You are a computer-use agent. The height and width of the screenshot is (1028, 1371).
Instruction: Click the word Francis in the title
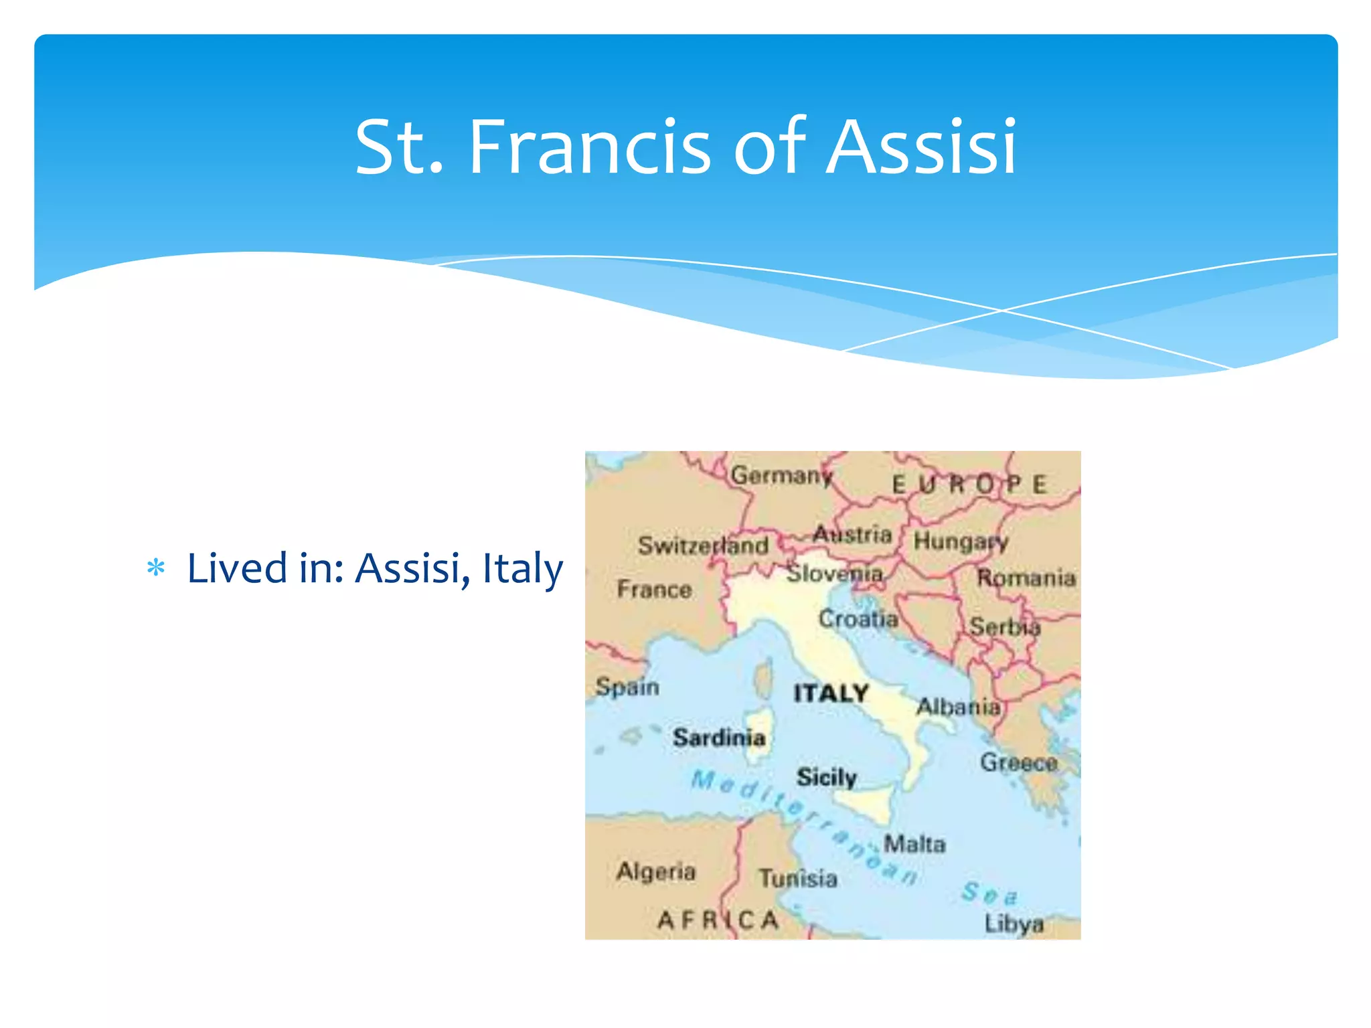pos(590,148)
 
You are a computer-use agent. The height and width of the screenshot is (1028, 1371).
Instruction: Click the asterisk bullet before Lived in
pos(156,568)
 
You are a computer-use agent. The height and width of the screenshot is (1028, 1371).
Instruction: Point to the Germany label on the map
pos(781,476)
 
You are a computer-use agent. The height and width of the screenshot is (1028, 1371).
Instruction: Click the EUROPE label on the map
pos(969,485)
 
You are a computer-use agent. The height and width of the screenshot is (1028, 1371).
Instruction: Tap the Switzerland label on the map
pos(703,545)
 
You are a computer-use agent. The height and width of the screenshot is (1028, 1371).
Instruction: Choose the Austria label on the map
pos(852,534)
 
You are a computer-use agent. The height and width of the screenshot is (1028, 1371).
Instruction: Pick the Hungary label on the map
pos(961,541)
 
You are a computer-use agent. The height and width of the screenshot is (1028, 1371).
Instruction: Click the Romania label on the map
pos(1026,578)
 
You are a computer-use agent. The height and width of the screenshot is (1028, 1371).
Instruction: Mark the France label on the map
pos(654,590)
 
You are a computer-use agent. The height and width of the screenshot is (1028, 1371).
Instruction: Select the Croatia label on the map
pos(858,618)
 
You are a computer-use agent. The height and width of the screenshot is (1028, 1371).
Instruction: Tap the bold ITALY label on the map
pos(831,693)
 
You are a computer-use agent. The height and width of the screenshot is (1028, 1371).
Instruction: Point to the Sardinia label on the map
pos(719,738)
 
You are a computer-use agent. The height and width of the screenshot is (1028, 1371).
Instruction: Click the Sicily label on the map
pos(827,777)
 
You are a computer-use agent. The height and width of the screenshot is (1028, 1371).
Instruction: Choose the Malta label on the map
pos(914,844)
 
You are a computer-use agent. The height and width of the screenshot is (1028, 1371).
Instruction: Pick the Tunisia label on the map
pos(798,878)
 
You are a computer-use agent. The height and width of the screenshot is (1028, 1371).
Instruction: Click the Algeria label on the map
pos(656,871)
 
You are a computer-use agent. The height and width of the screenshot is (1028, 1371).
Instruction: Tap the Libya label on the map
pos(1014,924)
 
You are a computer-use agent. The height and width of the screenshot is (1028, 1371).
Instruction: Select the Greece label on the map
pos(1018,762)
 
